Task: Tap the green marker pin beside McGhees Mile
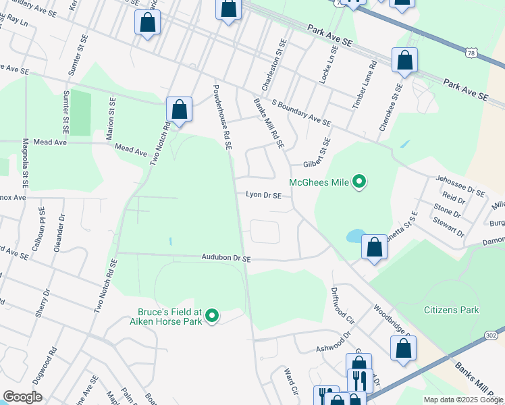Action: pyautogui.click(x=360, y=181)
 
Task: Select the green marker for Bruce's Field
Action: pyautogui.click(x=212, y=315)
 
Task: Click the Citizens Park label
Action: pyautogui.click(x=451, y=310)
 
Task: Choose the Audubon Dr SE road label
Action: pyautogui.click(x=225, y=258)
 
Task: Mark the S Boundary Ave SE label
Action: pyautogui.click(x=301, y=113)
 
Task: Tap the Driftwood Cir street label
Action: pyautogui.click(x=342, y=306)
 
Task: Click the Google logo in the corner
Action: pyautogui.click(x=22, y=397)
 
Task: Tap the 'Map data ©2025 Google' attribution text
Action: pyautogui.click(x=462, y=400)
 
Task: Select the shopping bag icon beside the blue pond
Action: pyautogui.click(x=374, y=247)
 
